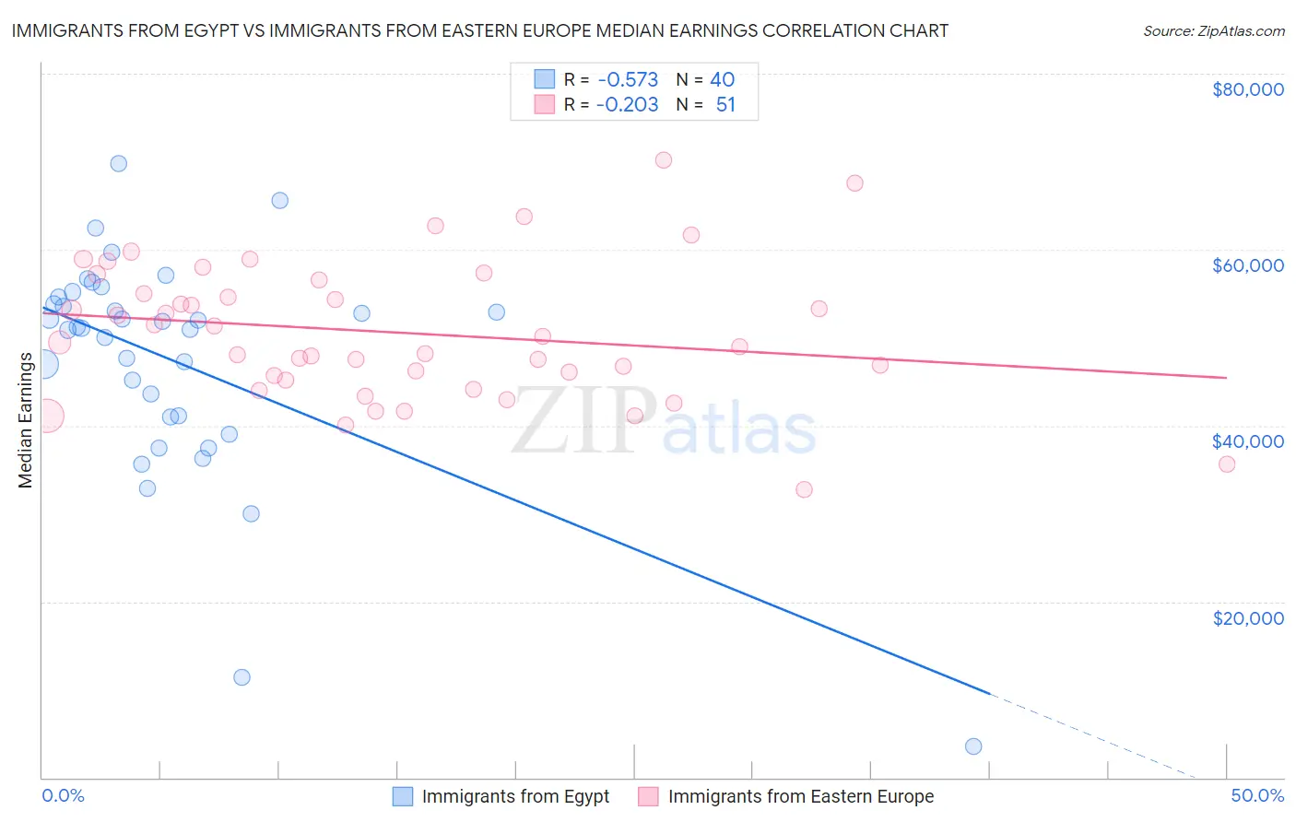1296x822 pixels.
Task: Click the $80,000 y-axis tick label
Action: [x=1247, y=89]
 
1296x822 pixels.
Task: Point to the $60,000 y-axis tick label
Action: [x=1247, y=265]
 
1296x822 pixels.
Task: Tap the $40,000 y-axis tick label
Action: [x=1247, y=441]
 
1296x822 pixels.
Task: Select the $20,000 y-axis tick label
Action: [x=1247, y=617]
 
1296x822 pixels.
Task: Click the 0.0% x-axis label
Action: [x=63, y=795]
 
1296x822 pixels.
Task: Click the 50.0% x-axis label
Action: [x=1257, y=795]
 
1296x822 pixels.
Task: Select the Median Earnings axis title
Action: [x=25, y=420]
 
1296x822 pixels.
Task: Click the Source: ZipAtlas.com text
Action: [x=1213, y=31]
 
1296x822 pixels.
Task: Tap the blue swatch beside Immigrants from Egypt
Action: [x=403, y=796]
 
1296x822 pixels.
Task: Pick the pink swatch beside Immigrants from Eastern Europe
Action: [x=649, y=796]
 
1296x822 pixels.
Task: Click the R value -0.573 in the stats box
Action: [x=627, y=79]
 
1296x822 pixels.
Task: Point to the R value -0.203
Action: [x=627, y=105]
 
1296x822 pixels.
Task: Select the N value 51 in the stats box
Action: [x=725, y=105]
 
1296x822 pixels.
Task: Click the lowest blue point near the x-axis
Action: [x=973, y=746]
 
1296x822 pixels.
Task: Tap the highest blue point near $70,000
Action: [x=119, y=164]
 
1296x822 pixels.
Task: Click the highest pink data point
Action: [x=664, y=160]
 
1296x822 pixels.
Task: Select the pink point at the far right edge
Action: [x=1227, y=464]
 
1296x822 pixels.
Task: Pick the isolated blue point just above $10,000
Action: [x=242, y=677]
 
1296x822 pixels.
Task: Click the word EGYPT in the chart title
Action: [x=195, y=31]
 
